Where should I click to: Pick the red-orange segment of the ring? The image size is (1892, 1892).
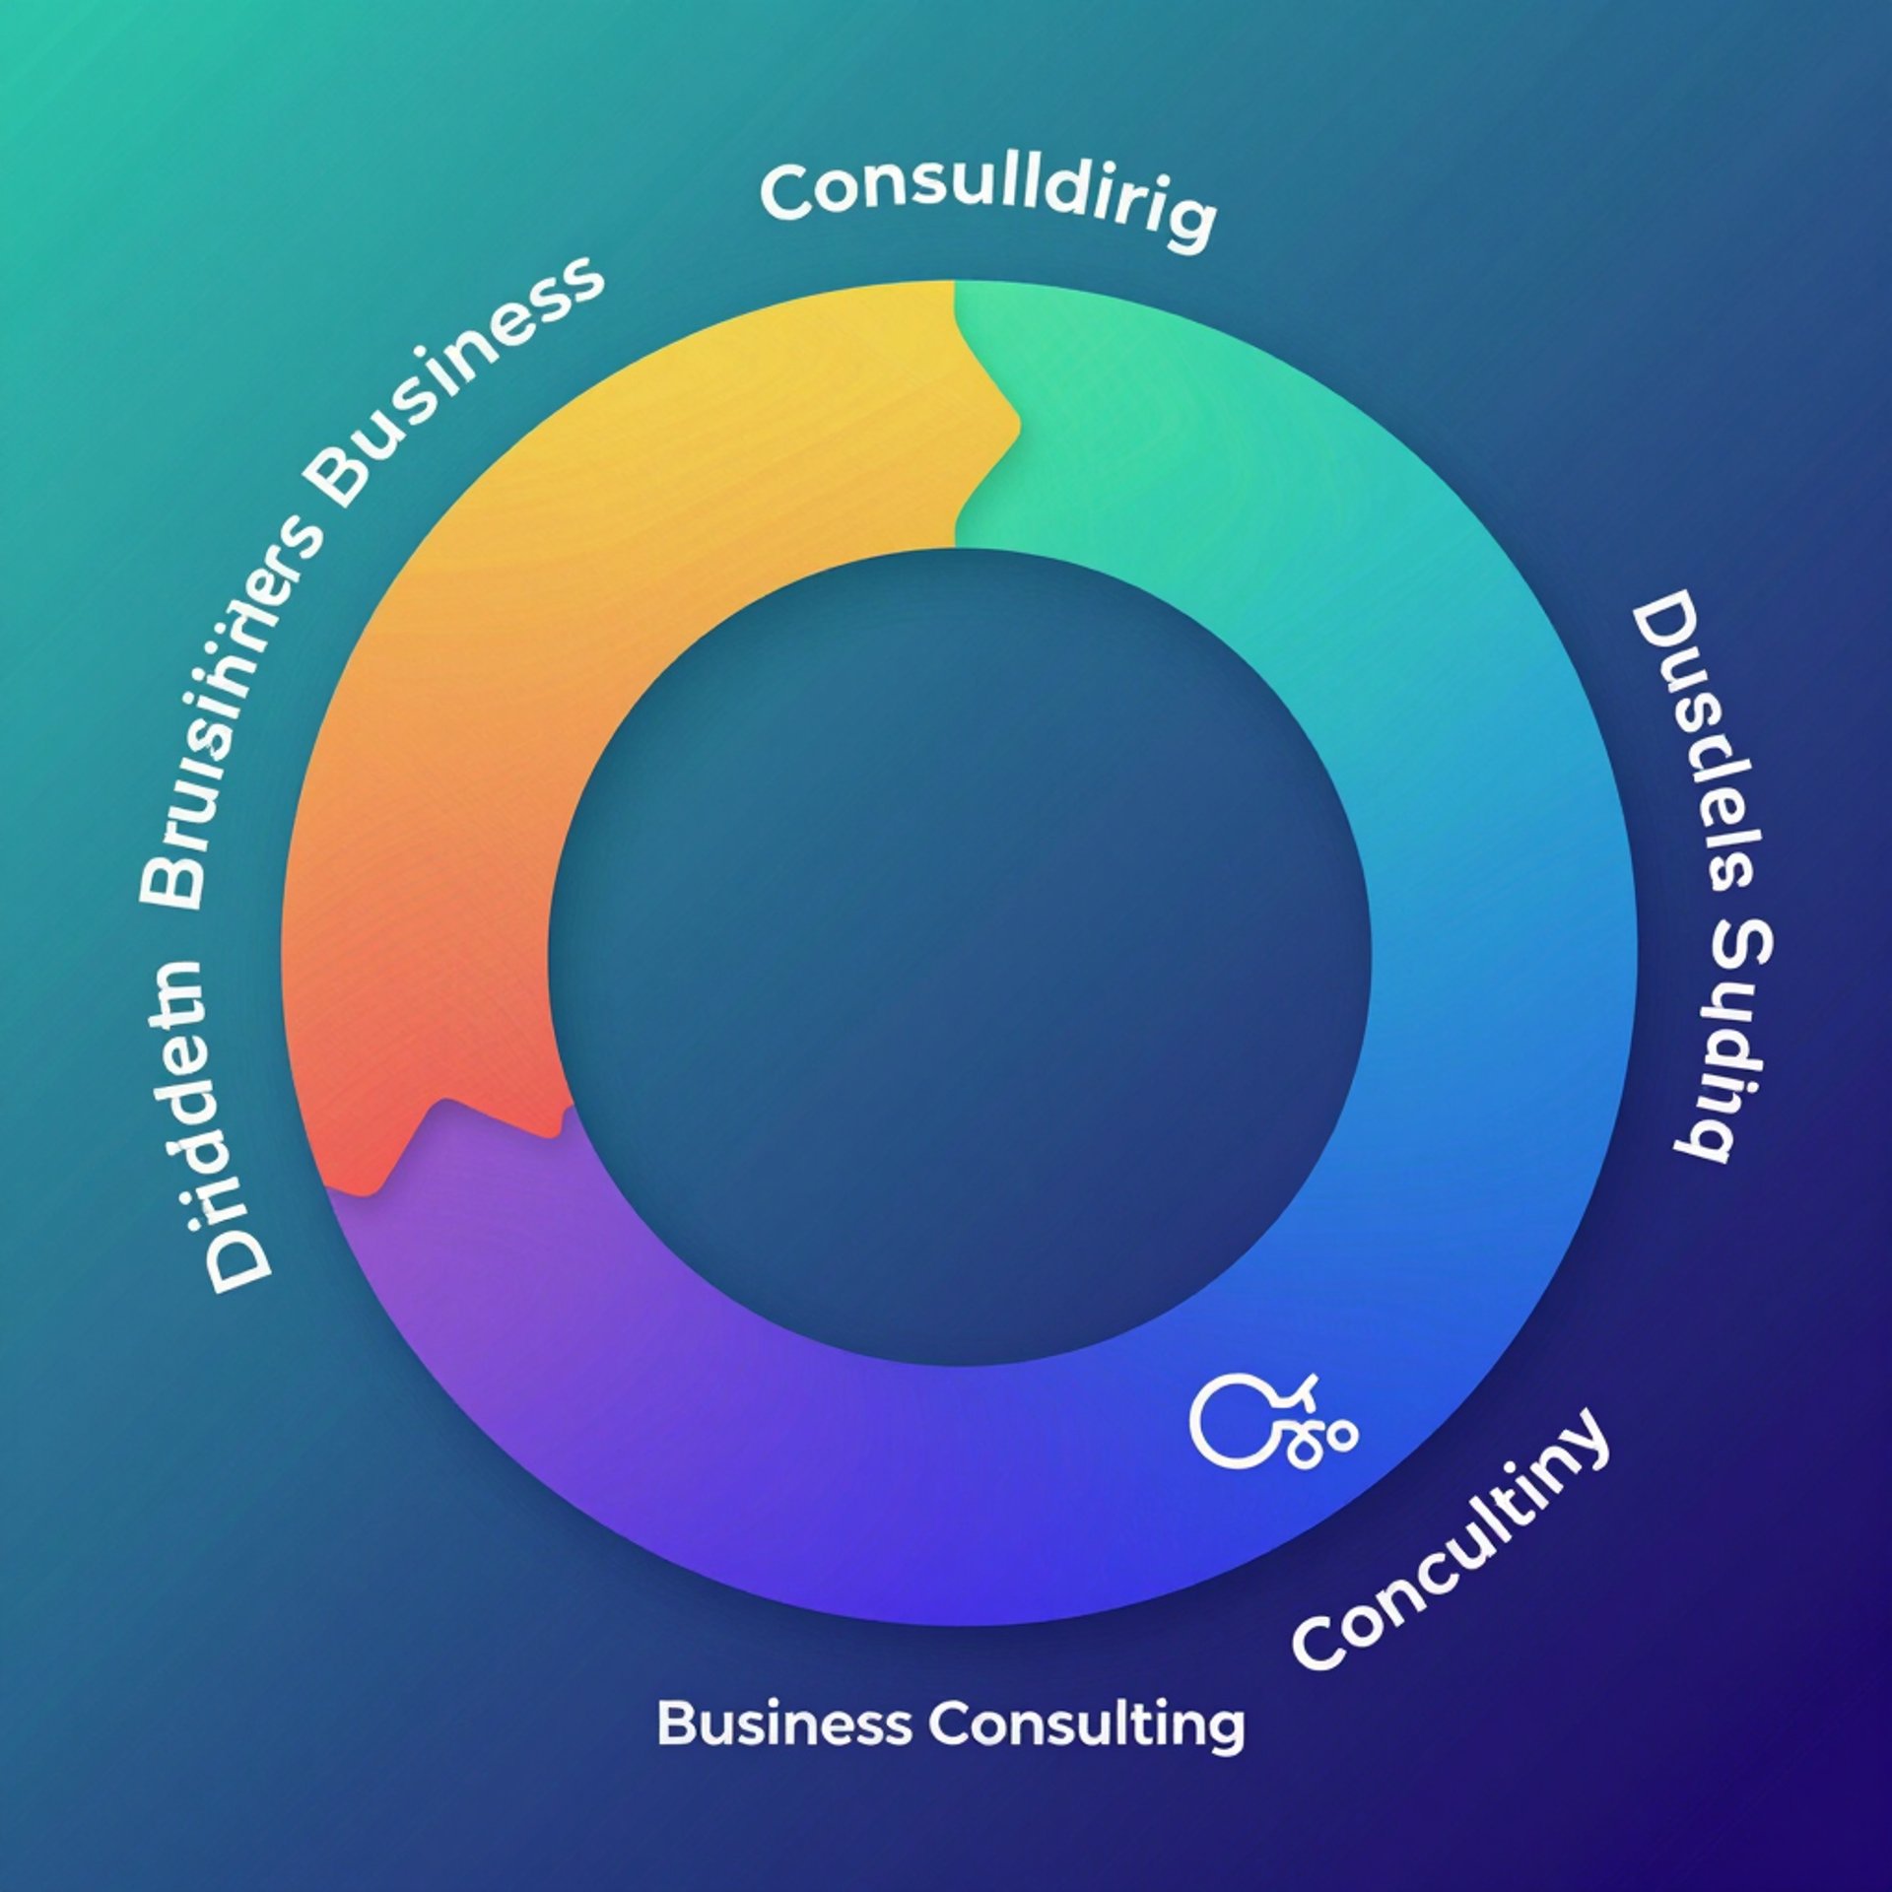coord(414,985)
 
